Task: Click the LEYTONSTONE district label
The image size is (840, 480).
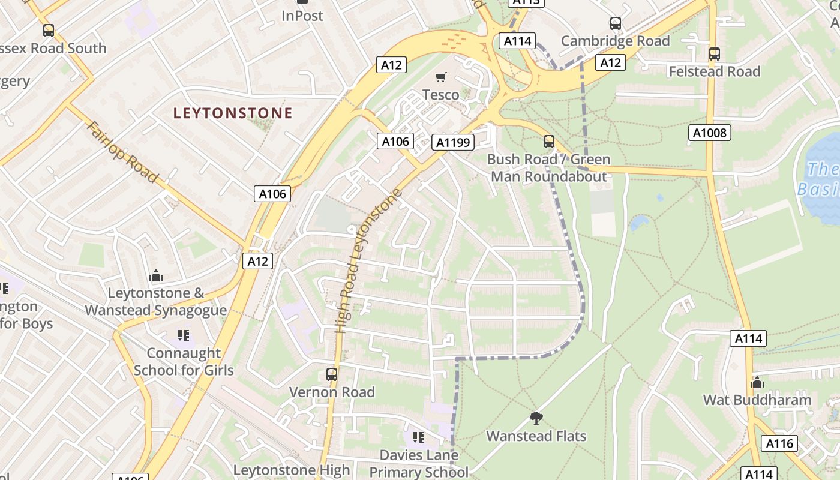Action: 233,113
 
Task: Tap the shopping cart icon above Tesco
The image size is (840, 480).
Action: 441,77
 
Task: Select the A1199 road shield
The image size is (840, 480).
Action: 453,142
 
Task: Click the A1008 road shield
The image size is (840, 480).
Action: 709,133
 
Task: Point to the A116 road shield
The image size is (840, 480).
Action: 779,443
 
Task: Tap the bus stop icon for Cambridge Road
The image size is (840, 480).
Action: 615,23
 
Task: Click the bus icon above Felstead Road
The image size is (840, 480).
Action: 714,53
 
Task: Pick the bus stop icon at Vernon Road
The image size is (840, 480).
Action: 331,374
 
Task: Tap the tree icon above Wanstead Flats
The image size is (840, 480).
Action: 536,418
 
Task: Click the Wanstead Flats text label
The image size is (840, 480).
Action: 536,436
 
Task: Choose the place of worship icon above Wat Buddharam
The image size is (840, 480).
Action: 757,382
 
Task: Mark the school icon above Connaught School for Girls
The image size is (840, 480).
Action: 183,335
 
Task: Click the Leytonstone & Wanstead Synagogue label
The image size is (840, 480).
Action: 156,302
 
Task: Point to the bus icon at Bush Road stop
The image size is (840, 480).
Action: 548,142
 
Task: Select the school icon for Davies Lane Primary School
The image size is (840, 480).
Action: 418,437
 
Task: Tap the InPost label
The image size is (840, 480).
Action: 302,16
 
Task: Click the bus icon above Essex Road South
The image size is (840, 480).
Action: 48,30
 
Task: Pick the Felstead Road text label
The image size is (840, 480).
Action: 714,71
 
